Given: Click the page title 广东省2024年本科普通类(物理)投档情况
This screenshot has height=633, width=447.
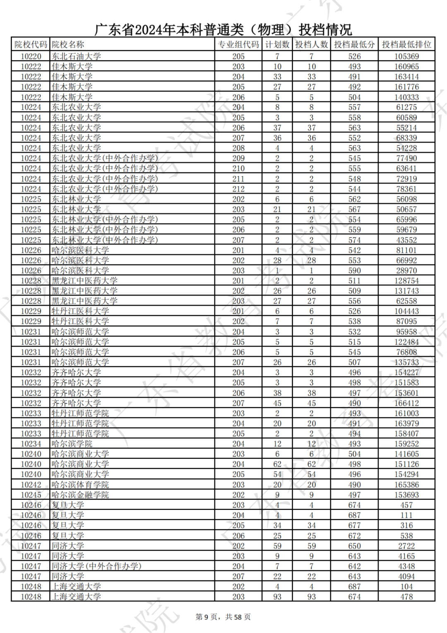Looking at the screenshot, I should [223, 29].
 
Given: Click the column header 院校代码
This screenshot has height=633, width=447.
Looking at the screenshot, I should [31, 44].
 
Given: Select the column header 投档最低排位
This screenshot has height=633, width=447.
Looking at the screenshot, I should [406, 44].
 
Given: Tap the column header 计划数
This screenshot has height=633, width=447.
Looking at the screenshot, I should [277, 44].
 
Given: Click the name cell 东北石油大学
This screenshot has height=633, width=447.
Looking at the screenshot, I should [76, 56].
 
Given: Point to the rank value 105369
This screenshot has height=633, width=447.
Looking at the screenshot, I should [406, 56].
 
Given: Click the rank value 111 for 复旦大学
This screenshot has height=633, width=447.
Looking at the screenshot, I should [406, 515].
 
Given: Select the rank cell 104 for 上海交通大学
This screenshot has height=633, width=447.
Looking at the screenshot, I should [406, 587].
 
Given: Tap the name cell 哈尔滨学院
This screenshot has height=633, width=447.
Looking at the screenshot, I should [72, 444].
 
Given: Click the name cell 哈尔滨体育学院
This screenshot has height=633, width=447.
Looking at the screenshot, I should [80, 485].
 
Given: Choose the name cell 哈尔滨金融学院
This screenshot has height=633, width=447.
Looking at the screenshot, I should [80, 495].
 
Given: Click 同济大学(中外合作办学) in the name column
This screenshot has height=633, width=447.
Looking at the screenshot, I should [96, 566].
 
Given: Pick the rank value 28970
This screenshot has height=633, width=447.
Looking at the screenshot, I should [406, 271].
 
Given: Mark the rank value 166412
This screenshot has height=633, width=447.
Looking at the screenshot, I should [406, 403].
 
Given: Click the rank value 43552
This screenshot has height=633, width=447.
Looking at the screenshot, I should [406, 240].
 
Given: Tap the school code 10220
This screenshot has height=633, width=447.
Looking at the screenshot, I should [31, 56].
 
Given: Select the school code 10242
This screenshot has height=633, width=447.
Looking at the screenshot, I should [31, 485].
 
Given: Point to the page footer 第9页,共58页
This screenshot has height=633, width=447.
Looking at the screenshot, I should [223, 617].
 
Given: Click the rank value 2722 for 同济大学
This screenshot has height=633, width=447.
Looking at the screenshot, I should [406, 546].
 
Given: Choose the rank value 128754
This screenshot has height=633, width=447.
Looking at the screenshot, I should [406, 281].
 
